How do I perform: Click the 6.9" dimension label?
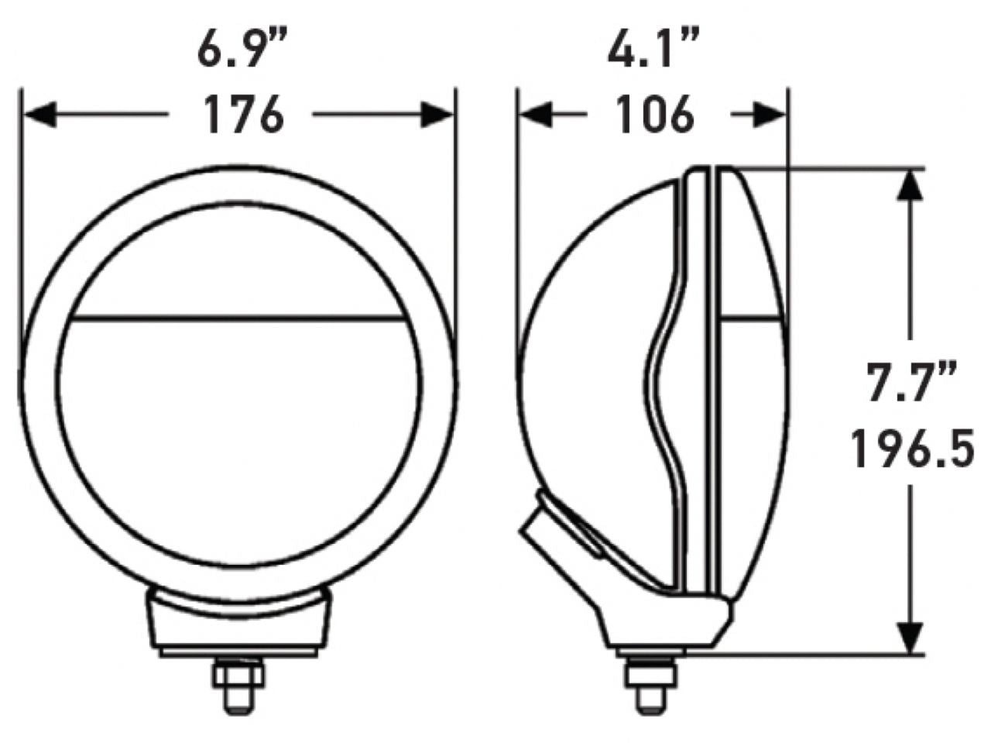pos(242,51)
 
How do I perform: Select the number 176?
pos(242,116)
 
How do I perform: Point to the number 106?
pos(654,116)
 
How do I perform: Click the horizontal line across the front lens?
pos(240,317)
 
